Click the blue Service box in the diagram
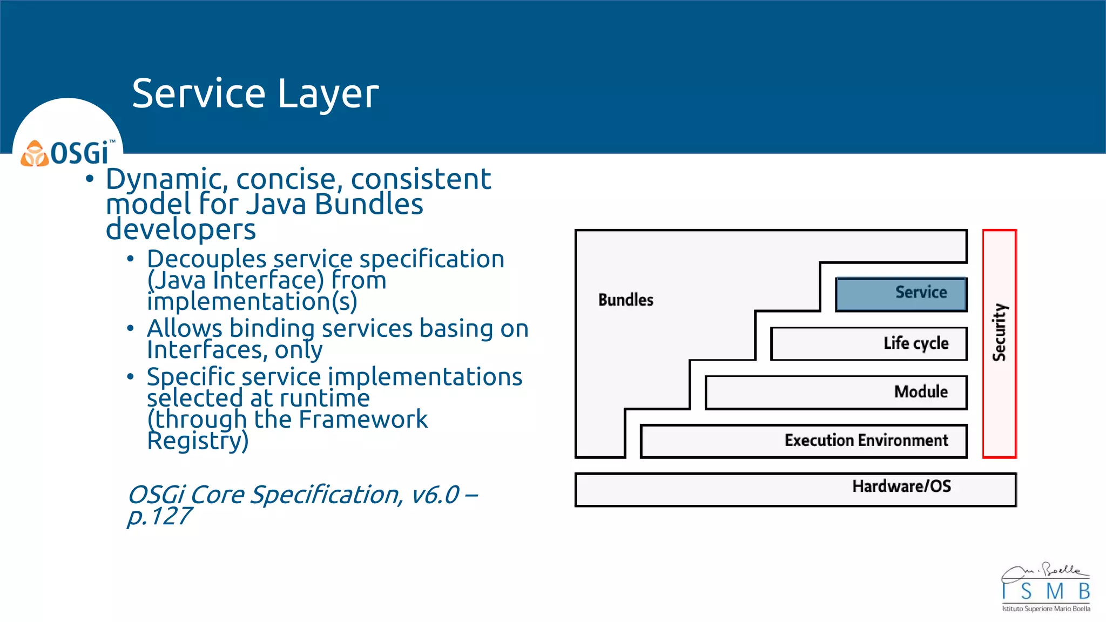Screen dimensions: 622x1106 coord(901,294)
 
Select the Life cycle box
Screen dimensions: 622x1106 coord(868,343)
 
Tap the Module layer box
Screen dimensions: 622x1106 coord(836,393)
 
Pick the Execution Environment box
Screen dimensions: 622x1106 coord(804,441)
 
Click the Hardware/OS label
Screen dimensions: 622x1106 coord(901,486)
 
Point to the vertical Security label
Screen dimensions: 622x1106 coord(1000,332)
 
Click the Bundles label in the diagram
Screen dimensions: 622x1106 coord(625,300)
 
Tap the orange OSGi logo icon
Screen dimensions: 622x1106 coord(35,154)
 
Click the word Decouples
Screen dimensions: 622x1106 coord(207,260)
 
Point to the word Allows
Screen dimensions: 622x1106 coord(184,329)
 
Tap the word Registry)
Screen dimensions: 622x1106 coord(198,441)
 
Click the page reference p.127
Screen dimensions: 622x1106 coord(159,517)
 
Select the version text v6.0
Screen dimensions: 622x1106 coord(435,495)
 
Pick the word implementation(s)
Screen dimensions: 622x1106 coord(252,301)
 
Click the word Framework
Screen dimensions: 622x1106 coord(363,420)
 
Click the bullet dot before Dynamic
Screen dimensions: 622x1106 coord(90,179)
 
